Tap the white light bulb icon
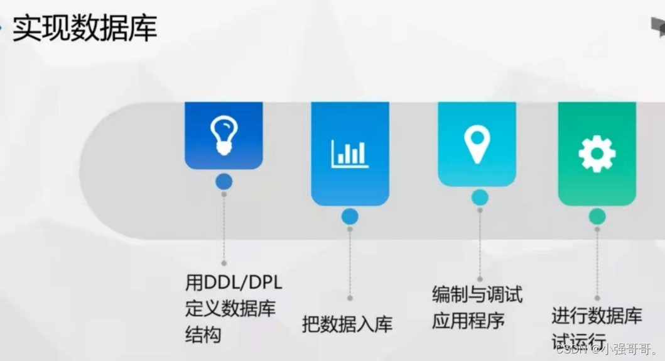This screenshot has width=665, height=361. (x=224, y=135)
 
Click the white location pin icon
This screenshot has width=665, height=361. (x=477, y=144)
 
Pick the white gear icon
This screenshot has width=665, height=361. (x=597, y=153)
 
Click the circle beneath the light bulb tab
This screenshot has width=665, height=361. (x=224, y=182)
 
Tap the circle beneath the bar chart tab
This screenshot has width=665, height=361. (x=350, y=217)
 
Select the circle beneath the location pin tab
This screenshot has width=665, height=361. (x=480, y=197)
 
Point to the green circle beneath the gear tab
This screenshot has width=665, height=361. (x=597, y=217)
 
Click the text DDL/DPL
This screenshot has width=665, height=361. (x=242, y=282)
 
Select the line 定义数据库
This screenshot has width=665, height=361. (x=230, y=309)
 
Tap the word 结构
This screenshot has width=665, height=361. (x=203, y=335)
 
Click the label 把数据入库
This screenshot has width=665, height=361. (x=347, y=324)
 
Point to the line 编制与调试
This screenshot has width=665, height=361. (x=477, y=294)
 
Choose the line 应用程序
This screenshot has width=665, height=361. (x=468, y=321)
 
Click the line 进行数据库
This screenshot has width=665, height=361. (x=597, y=315)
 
